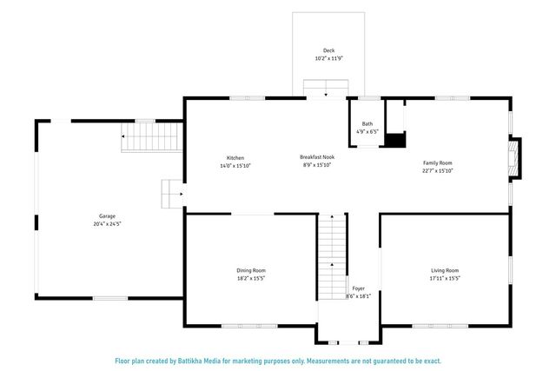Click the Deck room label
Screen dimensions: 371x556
point(328,50)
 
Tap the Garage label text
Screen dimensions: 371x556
point(107,216)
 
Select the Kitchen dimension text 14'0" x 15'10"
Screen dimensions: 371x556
point(223,165)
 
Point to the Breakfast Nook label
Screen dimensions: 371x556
point(316,157)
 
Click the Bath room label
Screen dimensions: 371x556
point(367,124)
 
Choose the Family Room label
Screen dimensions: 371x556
point(437,163)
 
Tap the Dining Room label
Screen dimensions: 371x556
point(251,271)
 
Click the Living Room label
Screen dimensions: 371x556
point(444,271)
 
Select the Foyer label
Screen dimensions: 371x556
point(358,288)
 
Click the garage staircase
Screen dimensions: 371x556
point(152,136)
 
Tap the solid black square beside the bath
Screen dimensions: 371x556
point(395,139)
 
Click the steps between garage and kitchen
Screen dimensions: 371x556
point(171,195)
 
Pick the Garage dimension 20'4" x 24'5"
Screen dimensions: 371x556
point(107,224)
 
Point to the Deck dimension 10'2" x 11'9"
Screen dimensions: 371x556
point(328,58)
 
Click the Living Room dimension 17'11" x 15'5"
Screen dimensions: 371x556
point(444,279)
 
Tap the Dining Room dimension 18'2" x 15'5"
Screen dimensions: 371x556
point(251,279)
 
